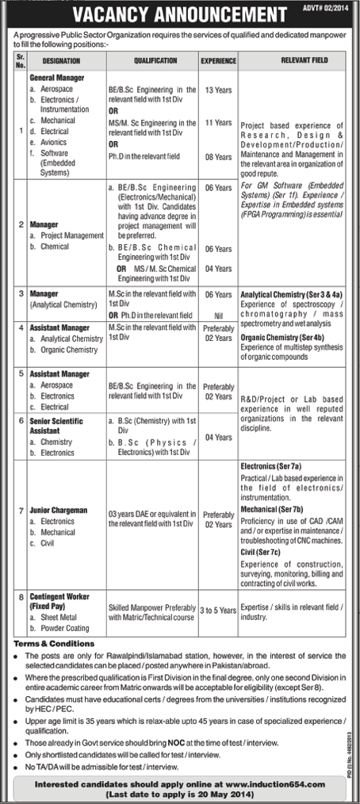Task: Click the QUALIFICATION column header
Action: (155, 59)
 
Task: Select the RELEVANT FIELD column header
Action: (289, 59)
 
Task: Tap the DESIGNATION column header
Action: (62, 59)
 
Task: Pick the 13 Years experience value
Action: (218, 92)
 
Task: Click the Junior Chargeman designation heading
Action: (58, 511)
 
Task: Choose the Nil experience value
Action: (218, 315)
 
